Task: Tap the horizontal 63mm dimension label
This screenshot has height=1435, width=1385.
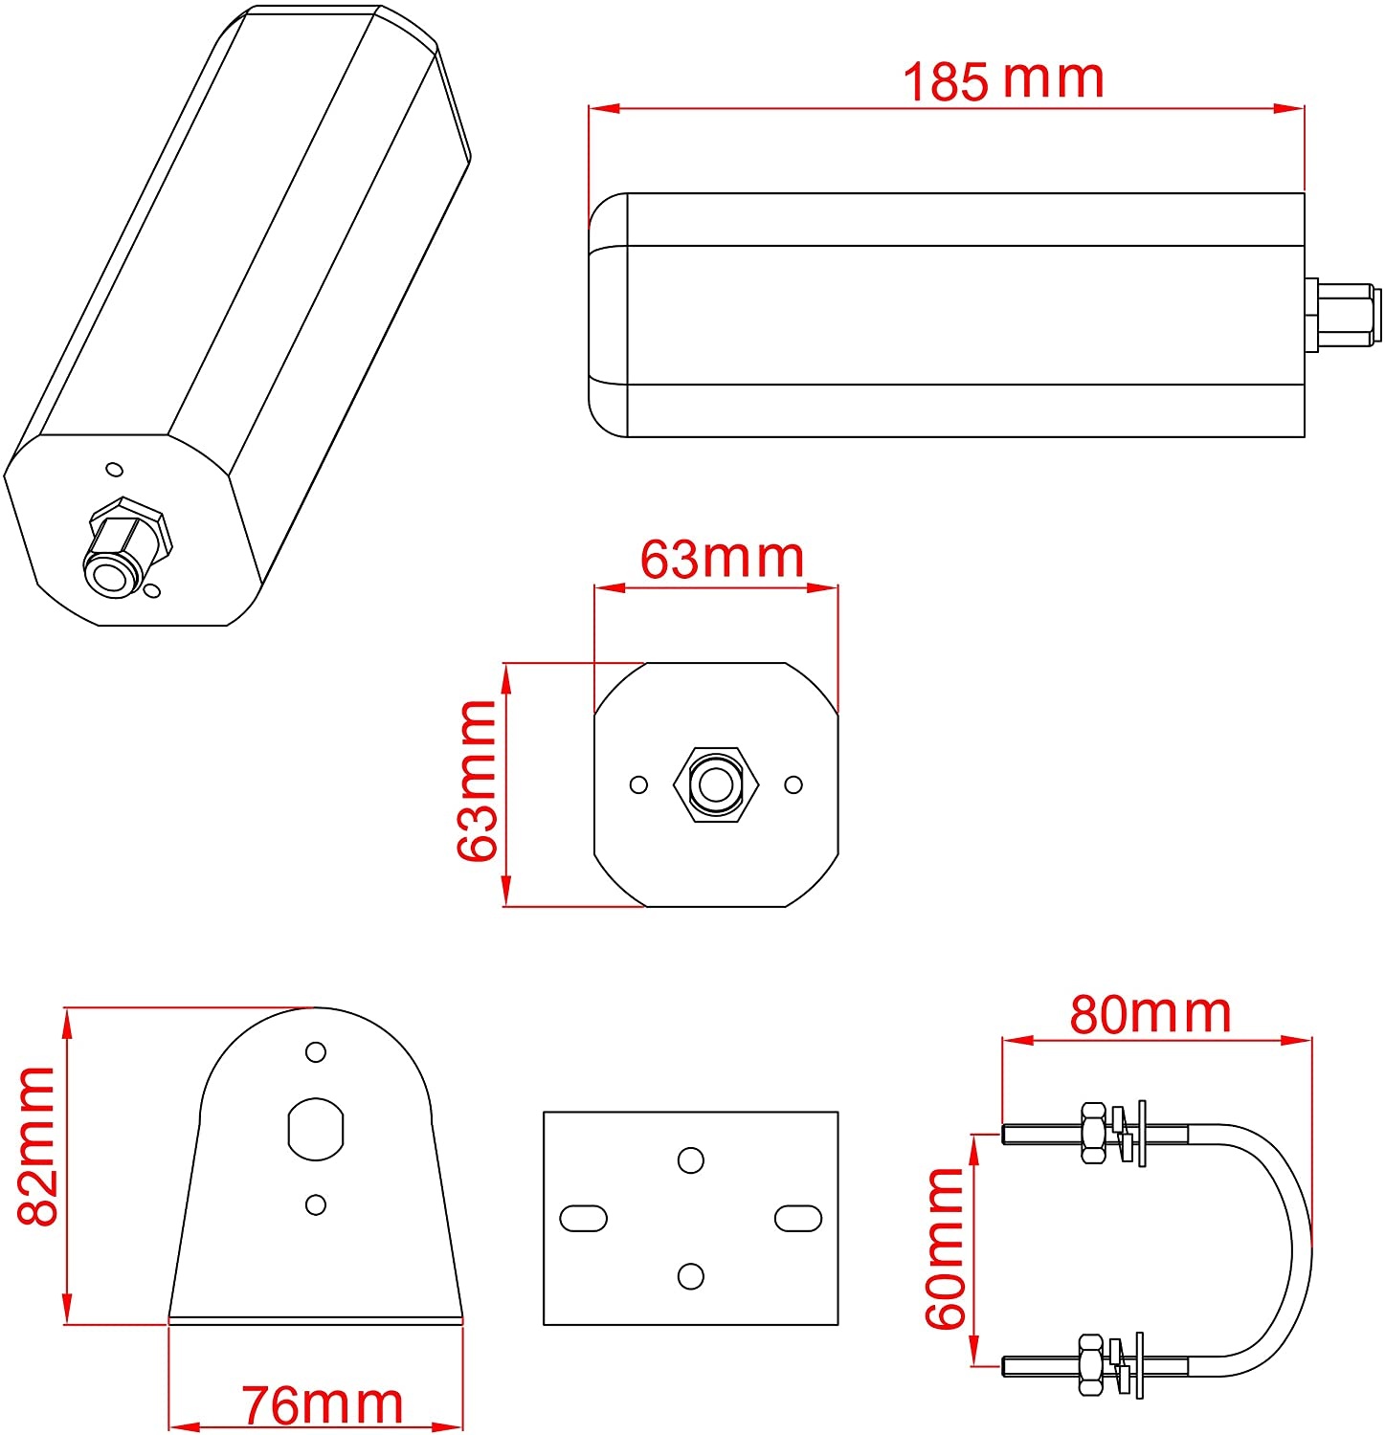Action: coord(722,559)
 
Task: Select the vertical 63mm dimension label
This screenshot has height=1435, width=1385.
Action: coord(478,781)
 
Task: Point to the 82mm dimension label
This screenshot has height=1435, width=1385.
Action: coord(38,1145)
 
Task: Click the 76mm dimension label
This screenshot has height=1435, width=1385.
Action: coord(322,1404)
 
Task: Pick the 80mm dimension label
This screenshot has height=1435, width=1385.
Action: coord(1150,1014)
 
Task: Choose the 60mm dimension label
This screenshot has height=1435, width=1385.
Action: coord(946,1247)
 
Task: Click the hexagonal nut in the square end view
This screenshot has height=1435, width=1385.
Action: coord(716,784)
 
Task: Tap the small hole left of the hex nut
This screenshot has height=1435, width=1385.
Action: coord(638,784)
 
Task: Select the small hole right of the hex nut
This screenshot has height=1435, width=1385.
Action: coord(793,784)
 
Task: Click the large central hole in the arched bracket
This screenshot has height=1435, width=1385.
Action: coord(316,1128)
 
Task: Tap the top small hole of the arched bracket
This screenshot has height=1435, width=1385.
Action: coord(316,1051)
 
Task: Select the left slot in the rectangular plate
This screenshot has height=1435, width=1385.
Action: coord(583,1218)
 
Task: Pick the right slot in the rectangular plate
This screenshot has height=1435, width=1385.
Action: coord(797,1218)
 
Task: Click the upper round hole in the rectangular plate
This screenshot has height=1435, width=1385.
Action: coord(690,1160)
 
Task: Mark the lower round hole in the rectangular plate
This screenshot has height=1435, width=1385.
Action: coord(690,1275)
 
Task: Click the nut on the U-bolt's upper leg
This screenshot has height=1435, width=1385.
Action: coord(1093,1133)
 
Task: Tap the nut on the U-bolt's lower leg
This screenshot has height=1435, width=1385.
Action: coord(1091,1364)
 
